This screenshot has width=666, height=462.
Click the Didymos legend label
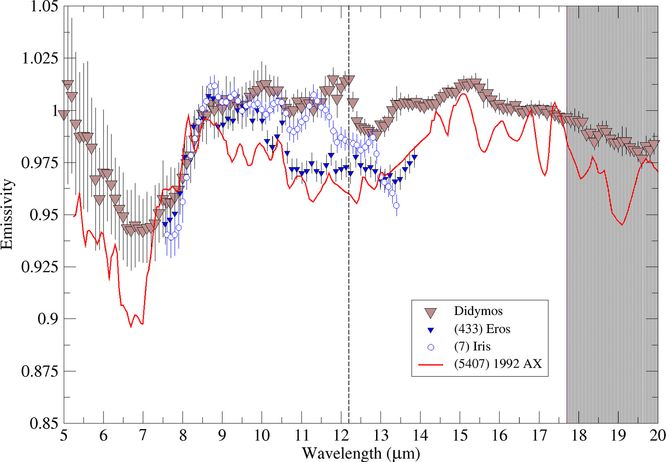478,311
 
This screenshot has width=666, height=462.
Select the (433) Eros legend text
482,329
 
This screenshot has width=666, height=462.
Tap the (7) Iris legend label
472,346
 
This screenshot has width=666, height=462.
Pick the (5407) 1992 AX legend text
498,364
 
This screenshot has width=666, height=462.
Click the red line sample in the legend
430,365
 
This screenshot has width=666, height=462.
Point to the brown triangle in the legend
430,313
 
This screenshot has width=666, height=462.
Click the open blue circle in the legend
430,347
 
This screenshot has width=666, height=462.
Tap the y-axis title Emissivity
7,214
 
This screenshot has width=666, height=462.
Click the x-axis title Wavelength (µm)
361,454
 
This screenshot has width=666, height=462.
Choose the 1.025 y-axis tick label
40,58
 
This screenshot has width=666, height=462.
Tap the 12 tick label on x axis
341,435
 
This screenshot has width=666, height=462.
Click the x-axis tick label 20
657,435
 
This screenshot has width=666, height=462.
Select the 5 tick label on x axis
64,435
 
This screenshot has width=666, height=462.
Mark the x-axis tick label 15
460,435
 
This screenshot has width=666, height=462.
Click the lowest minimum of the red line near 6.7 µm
131,327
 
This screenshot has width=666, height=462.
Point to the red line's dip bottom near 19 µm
622,225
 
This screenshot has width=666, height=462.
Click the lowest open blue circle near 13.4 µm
396,205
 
